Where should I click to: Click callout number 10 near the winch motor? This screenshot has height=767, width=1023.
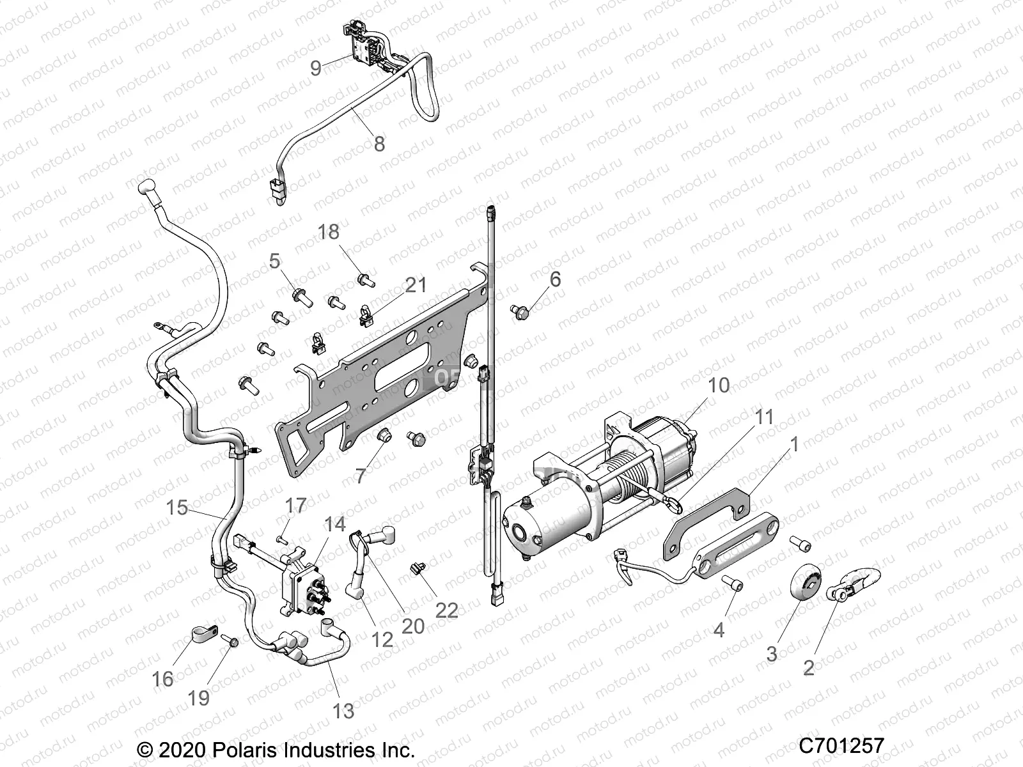coord(719,385)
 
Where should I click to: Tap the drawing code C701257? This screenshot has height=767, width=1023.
coord(841,746)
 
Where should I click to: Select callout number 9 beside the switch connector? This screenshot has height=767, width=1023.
coord(316,68)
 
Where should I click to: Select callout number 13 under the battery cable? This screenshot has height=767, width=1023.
coord(343,711)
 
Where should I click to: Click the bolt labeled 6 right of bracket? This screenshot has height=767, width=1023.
coord(519,311)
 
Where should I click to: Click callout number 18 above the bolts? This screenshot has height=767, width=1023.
coord(329,232)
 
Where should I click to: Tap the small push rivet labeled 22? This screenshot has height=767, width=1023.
coord(418,566)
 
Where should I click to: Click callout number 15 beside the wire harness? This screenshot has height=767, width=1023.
coord(177,508)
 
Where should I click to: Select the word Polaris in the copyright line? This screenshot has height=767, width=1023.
coord(246,748)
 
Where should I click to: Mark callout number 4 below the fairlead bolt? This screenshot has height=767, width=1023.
coord(719,630)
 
